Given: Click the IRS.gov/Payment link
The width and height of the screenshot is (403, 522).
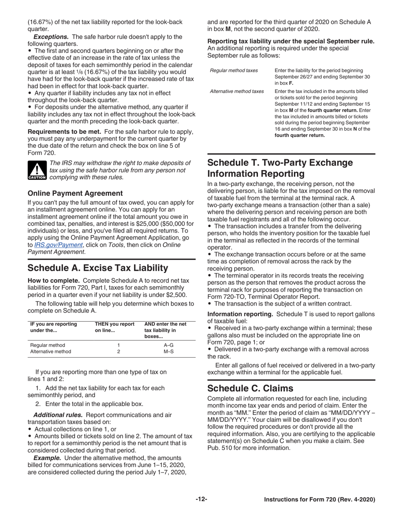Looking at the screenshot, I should [58, 245].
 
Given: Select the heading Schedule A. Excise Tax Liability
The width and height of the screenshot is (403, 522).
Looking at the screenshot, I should [98, 268].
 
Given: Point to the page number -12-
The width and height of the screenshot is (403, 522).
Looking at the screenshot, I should [201, 500].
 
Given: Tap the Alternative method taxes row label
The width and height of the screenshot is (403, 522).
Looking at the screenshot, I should [237, 91].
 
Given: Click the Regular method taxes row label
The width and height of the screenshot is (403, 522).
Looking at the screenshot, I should [234, 70].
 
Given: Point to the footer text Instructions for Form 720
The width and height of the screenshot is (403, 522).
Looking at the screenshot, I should [319, 500].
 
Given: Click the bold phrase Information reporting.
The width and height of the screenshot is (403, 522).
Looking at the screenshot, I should [240, 314].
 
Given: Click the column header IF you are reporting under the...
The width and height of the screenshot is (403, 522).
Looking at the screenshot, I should [53, 327].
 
